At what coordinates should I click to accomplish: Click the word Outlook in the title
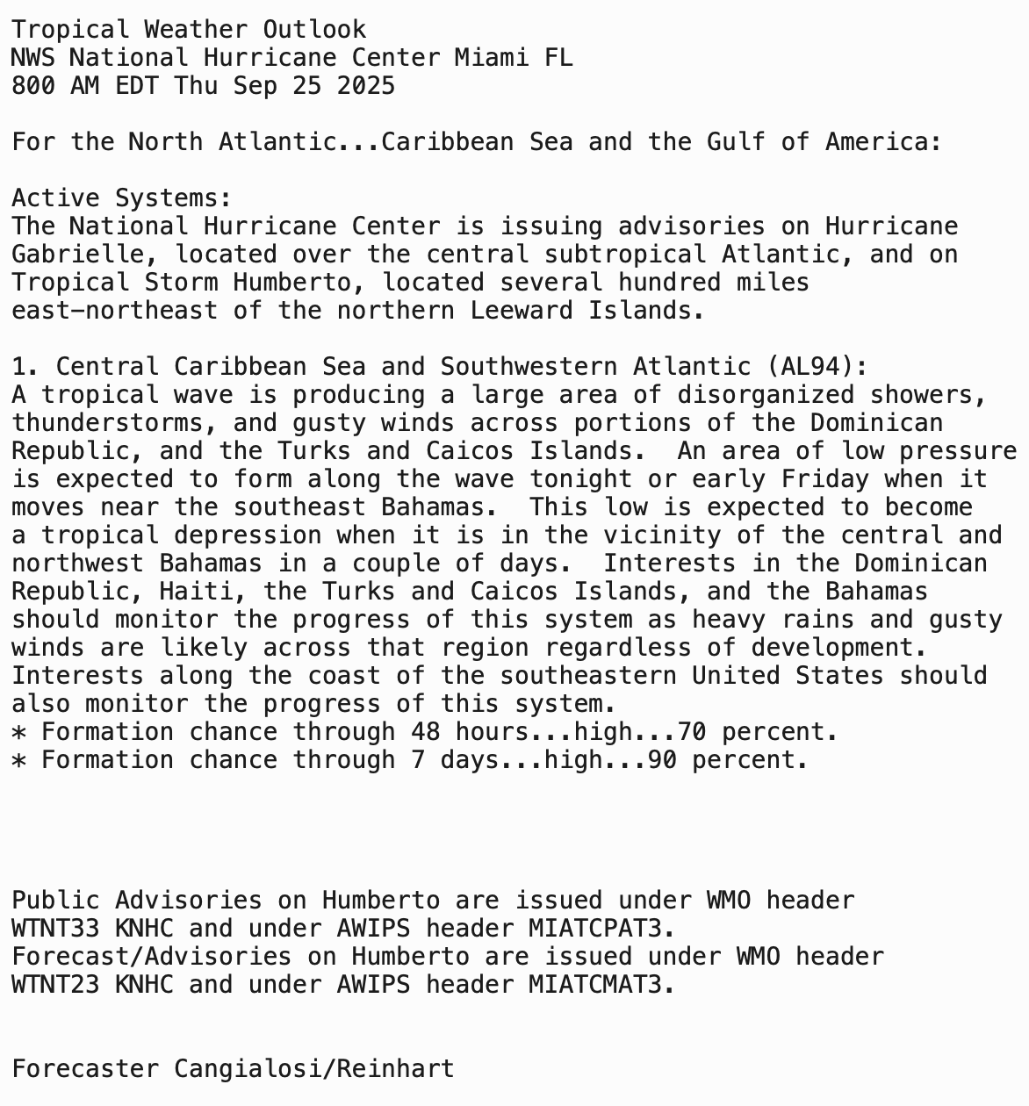point(314,30)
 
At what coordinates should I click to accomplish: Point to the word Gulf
point(736,142)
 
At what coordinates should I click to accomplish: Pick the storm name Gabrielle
point(85,255)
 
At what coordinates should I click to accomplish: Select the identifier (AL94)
point(817,367)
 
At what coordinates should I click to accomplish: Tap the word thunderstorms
point(114,423)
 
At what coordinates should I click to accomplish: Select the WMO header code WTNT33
point(55,929)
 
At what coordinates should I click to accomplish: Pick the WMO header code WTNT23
point(55,985)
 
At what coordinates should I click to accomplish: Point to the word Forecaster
point(85,1069)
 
